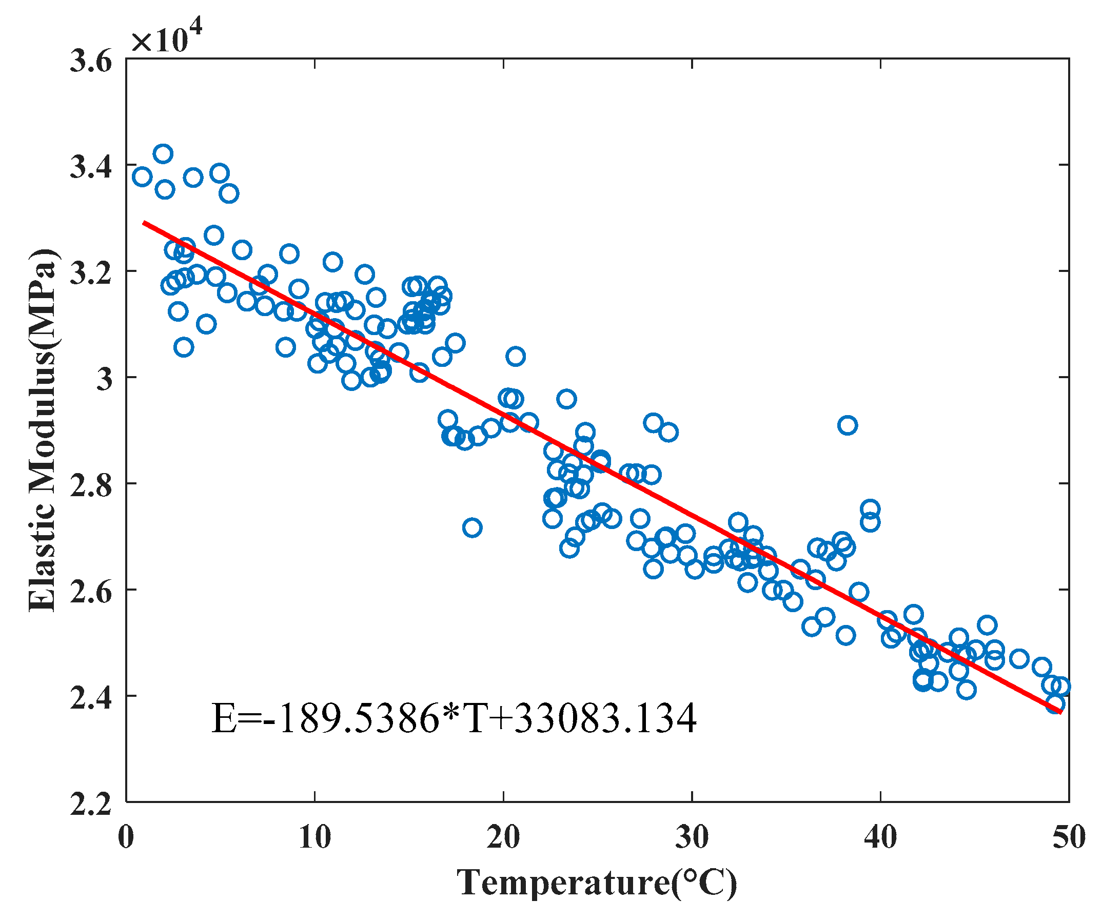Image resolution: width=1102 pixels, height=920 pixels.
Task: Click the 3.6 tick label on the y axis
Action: click(91, 62)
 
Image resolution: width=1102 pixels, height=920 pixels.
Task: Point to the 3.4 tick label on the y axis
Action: click(91, 167)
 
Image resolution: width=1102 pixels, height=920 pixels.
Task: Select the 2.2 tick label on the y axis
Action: click(91, 804)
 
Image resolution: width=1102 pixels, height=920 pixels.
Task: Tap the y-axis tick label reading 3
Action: click(105, 379)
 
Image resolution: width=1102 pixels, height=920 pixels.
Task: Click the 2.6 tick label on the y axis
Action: click(91, 592)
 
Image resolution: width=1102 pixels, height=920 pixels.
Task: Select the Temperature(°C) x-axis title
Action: click(597, 883)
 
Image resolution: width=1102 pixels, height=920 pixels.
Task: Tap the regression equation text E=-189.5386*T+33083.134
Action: click(454, 718)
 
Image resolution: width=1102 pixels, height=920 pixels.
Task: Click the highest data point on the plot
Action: click(163, 154)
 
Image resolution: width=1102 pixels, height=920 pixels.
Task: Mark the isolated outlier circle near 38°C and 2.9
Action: click(848, 425)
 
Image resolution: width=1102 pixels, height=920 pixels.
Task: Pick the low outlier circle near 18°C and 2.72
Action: click(473, 527)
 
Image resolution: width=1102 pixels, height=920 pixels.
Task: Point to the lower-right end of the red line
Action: click(1060, 713)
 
